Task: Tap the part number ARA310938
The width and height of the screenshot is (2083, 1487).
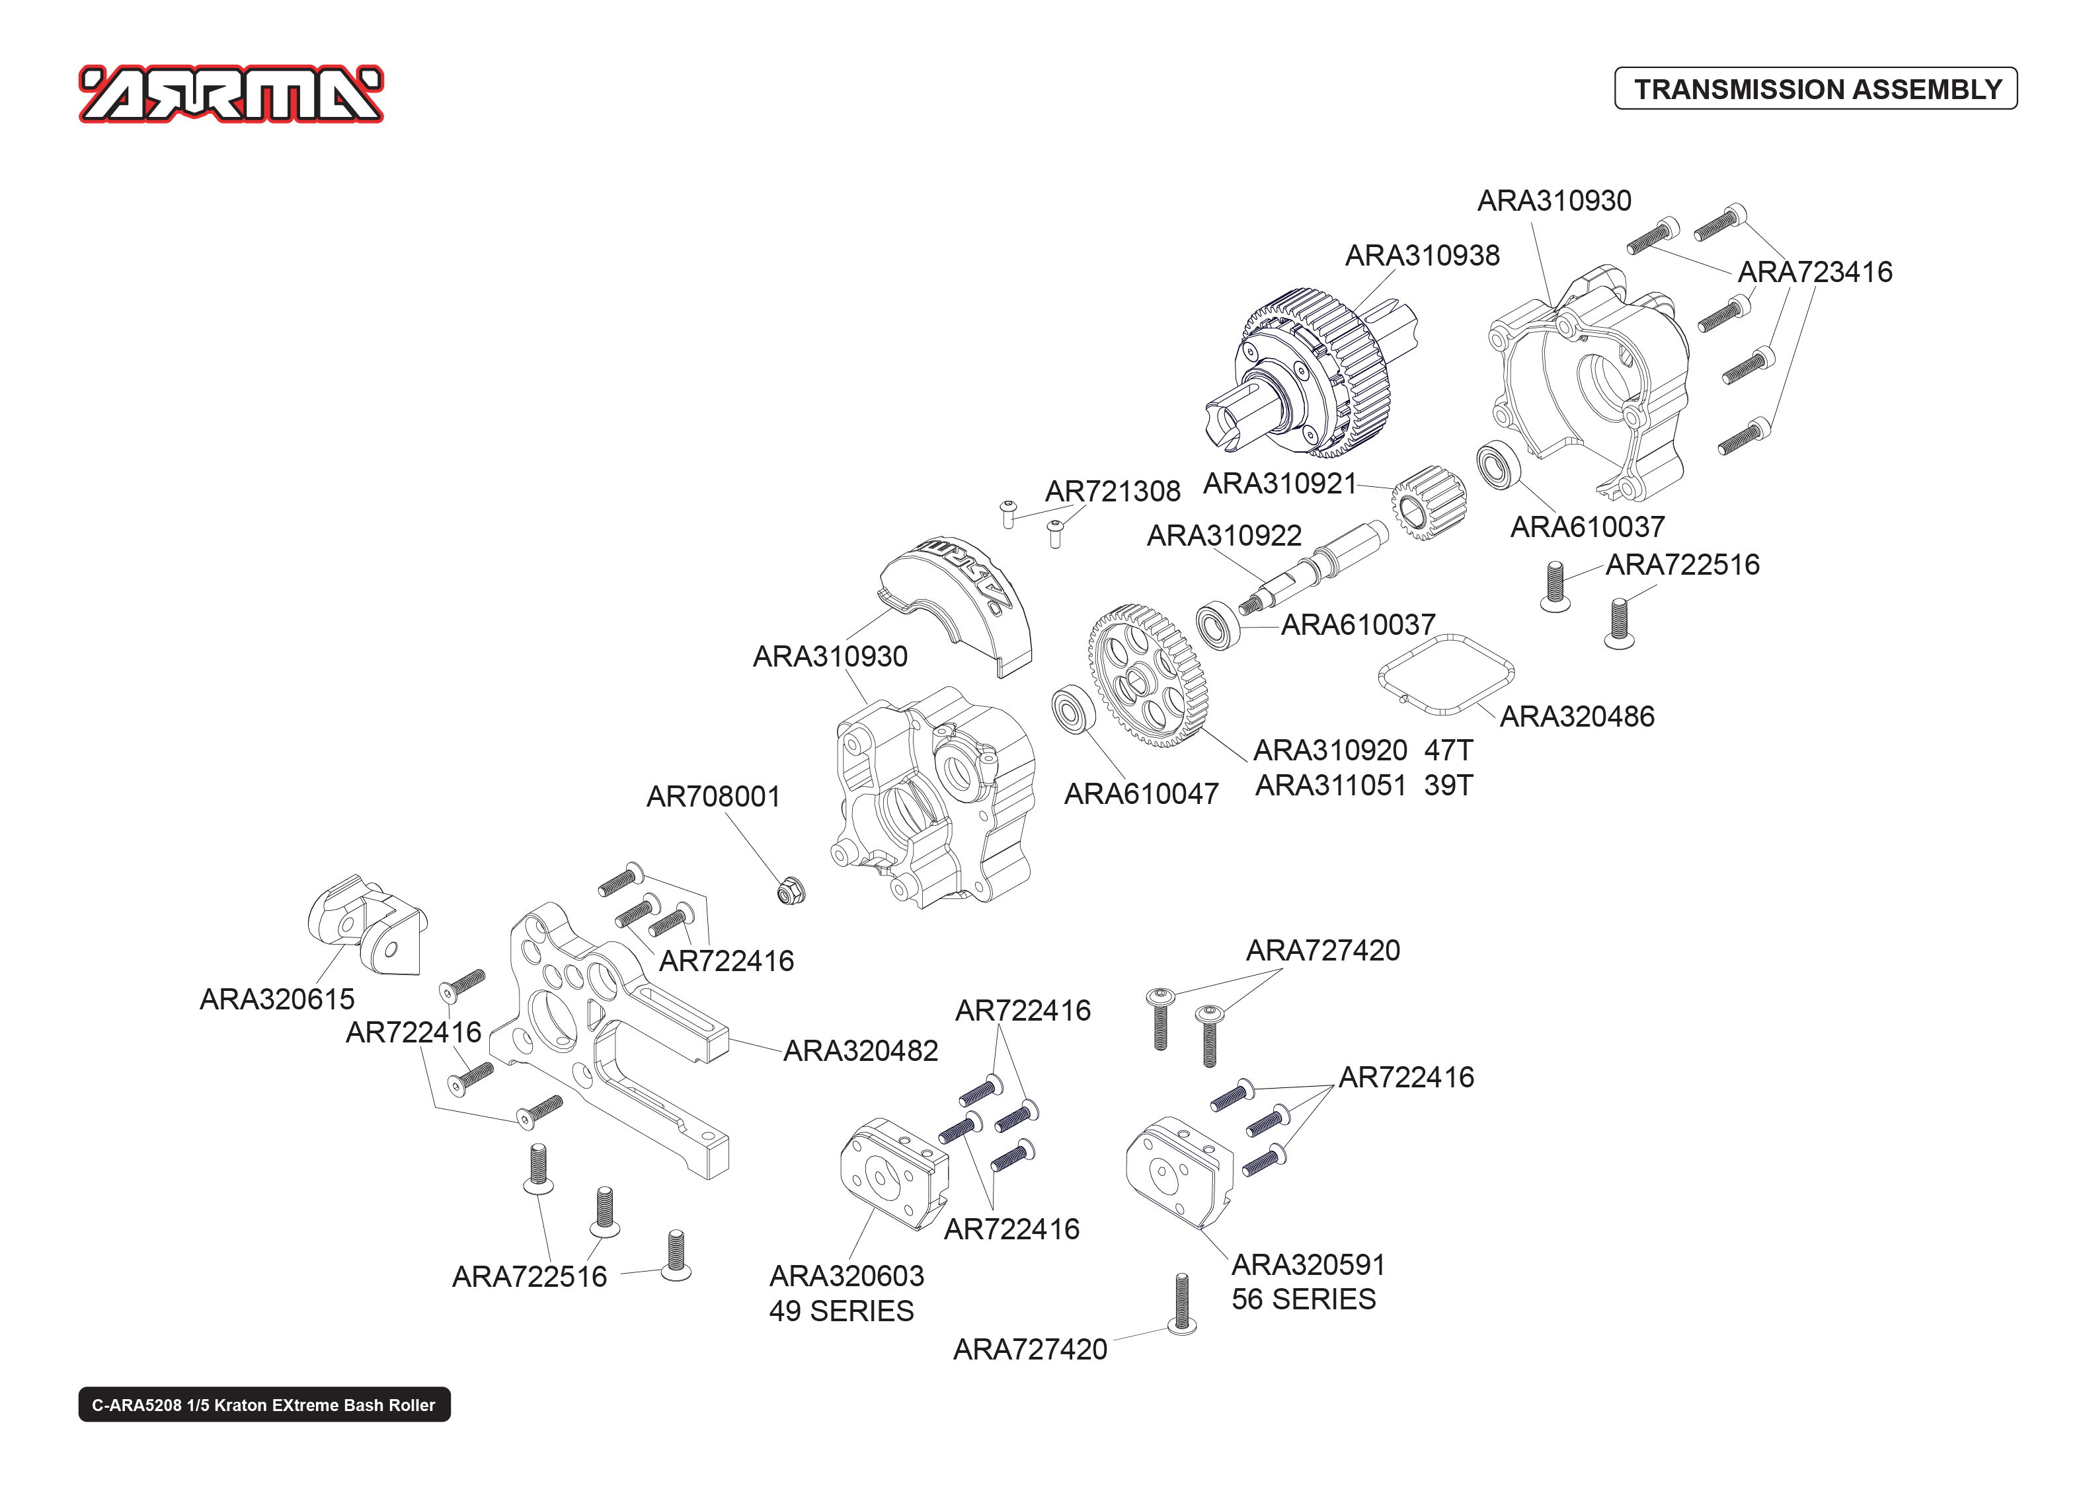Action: [x=1422, y=256]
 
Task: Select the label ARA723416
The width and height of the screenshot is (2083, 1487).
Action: [x=1814, y=272]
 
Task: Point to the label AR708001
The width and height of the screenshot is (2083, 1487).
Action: [x=713, y=797]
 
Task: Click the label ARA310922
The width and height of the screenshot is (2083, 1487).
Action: [x=1224, y=536]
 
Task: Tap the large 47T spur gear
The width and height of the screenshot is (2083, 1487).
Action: [x=1147, y=676]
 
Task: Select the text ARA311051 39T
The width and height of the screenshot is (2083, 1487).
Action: [x=1363, y=785]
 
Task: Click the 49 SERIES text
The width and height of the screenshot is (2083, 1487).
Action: [x=841, y=1311]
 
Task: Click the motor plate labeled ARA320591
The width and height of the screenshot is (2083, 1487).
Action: [x=1178, y=1172]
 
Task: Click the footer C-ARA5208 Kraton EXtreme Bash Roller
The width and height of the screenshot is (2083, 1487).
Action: [x=264, y=1404]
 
